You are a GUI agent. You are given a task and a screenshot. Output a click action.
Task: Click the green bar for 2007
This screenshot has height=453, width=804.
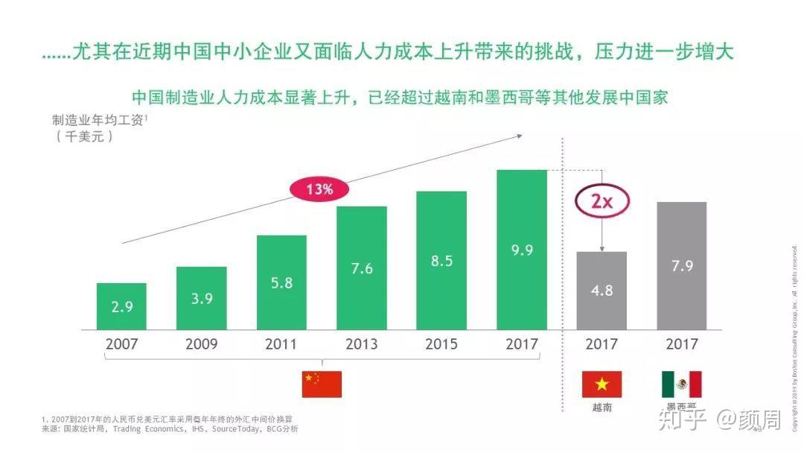click(121, 306)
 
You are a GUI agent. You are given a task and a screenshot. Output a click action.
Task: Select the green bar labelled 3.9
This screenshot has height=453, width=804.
click(201, 298)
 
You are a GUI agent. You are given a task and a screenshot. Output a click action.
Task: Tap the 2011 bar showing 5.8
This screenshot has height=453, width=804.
click(281, 282)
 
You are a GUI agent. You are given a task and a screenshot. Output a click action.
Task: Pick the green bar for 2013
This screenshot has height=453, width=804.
click(362, 267)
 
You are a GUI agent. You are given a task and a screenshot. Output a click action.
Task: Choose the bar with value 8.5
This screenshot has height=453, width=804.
click(441, 260)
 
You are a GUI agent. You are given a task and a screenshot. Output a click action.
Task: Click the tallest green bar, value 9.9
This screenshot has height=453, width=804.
click(522, 250)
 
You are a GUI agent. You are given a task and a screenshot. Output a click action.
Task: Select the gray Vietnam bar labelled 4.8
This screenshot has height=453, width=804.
click(602, 291)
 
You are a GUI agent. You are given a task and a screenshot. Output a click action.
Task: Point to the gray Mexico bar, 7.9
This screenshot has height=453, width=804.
click(682, 265)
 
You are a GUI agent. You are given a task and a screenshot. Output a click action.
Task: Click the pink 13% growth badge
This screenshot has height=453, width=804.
click(319, 189)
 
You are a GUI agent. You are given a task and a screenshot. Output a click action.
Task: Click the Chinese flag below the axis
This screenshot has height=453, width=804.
click(322, 384)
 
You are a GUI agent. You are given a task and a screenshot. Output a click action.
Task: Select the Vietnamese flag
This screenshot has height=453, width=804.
click(602, 384)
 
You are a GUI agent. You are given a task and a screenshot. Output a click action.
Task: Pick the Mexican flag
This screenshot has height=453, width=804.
click(682, 384)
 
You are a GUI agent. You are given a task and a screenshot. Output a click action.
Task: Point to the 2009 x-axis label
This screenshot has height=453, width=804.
click(201, 344)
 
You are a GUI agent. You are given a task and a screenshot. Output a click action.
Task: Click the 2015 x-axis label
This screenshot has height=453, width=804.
click(441, 344)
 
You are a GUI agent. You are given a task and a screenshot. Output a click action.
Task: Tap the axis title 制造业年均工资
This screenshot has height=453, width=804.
click(97, 121)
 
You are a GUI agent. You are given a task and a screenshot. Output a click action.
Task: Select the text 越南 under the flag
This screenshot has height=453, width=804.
click(602, 408)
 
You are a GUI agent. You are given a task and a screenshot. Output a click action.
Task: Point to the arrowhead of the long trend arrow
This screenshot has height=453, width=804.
click(519, 136)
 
